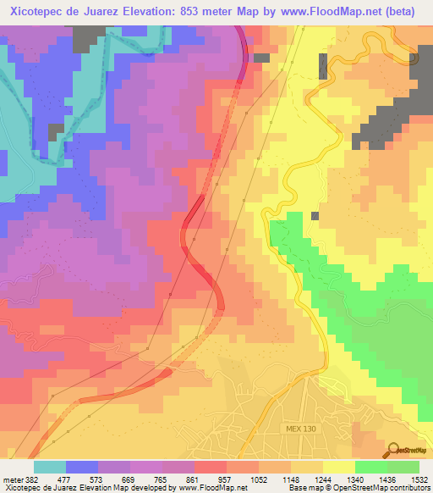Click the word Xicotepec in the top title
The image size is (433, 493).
pos(38,12)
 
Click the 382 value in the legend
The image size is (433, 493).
pos(31,479)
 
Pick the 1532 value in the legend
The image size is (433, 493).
pos(420,479)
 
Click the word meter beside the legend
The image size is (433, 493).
pos(12,479)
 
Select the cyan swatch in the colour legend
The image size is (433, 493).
pos(50,467)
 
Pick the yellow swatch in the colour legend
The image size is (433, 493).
pos(339,467)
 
